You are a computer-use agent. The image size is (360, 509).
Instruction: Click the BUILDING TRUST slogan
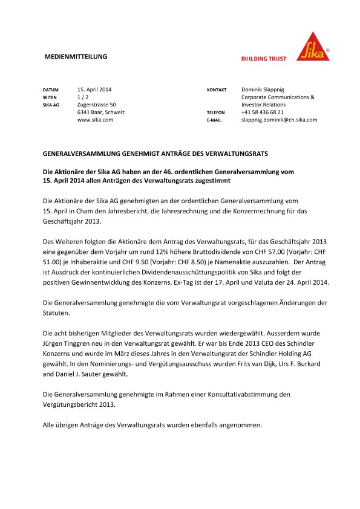tap(264, 59)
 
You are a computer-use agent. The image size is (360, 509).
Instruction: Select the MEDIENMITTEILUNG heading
tap(76, 57)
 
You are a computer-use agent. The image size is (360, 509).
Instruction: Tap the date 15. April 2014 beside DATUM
tap(94, 89)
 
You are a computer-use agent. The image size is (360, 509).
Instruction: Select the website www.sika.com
tap(96, 120)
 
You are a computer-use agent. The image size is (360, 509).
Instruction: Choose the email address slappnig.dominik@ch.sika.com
tap(279, 120)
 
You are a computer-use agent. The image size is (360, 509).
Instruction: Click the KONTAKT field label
tap(217, 89)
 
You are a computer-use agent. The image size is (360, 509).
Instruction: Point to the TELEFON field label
tap(216, 113)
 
